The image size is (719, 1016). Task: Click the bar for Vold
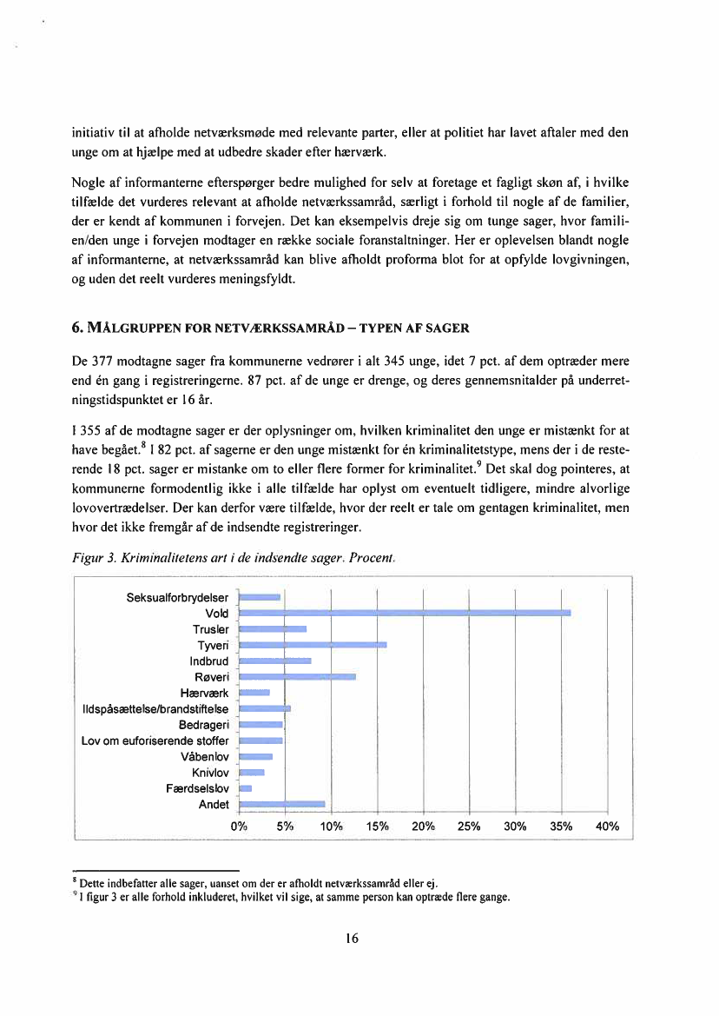coord(405,613)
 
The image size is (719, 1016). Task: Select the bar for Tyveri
coord(313,645)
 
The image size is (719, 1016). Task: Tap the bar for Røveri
coord(297,676)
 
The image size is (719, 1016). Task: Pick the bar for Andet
coord(281,804)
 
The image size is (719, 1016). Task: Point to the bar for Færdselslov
coord(245,788)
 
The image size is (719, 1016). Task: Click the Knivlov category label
coord(210,772)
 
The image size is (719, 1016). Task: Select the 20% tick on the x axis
coord(424,826)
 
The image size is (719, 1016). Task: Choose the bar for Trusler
coord(273,628)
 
